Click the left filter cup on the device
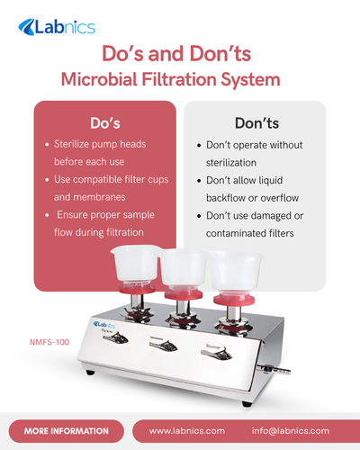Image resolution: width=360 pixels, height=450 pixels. pos(136,265)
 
